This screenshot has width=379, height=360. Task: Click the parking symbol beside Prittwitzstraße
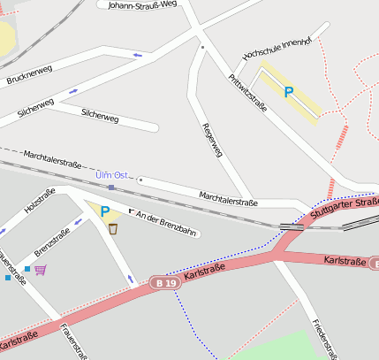tap(288, 91)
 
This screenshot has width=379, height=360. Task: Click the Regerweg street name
tap(212, 140)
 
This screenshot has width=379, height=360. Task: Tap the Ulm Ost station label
tap(111, 175)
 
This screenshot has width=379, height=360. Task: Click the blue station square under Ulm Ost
tap(111, 188)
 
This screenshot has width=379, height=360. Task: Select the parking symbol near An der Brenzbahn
tap(104, 211)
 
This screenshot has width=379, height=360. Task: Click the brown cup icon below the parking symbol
tap(113, 228)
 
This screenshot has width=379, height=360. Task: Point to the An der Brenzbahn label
tap(166, 225)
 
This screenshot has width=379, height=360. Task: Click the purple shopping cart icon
tap(40, 269)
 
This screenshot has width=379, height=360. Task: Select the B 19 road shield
tap(163, 283)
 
